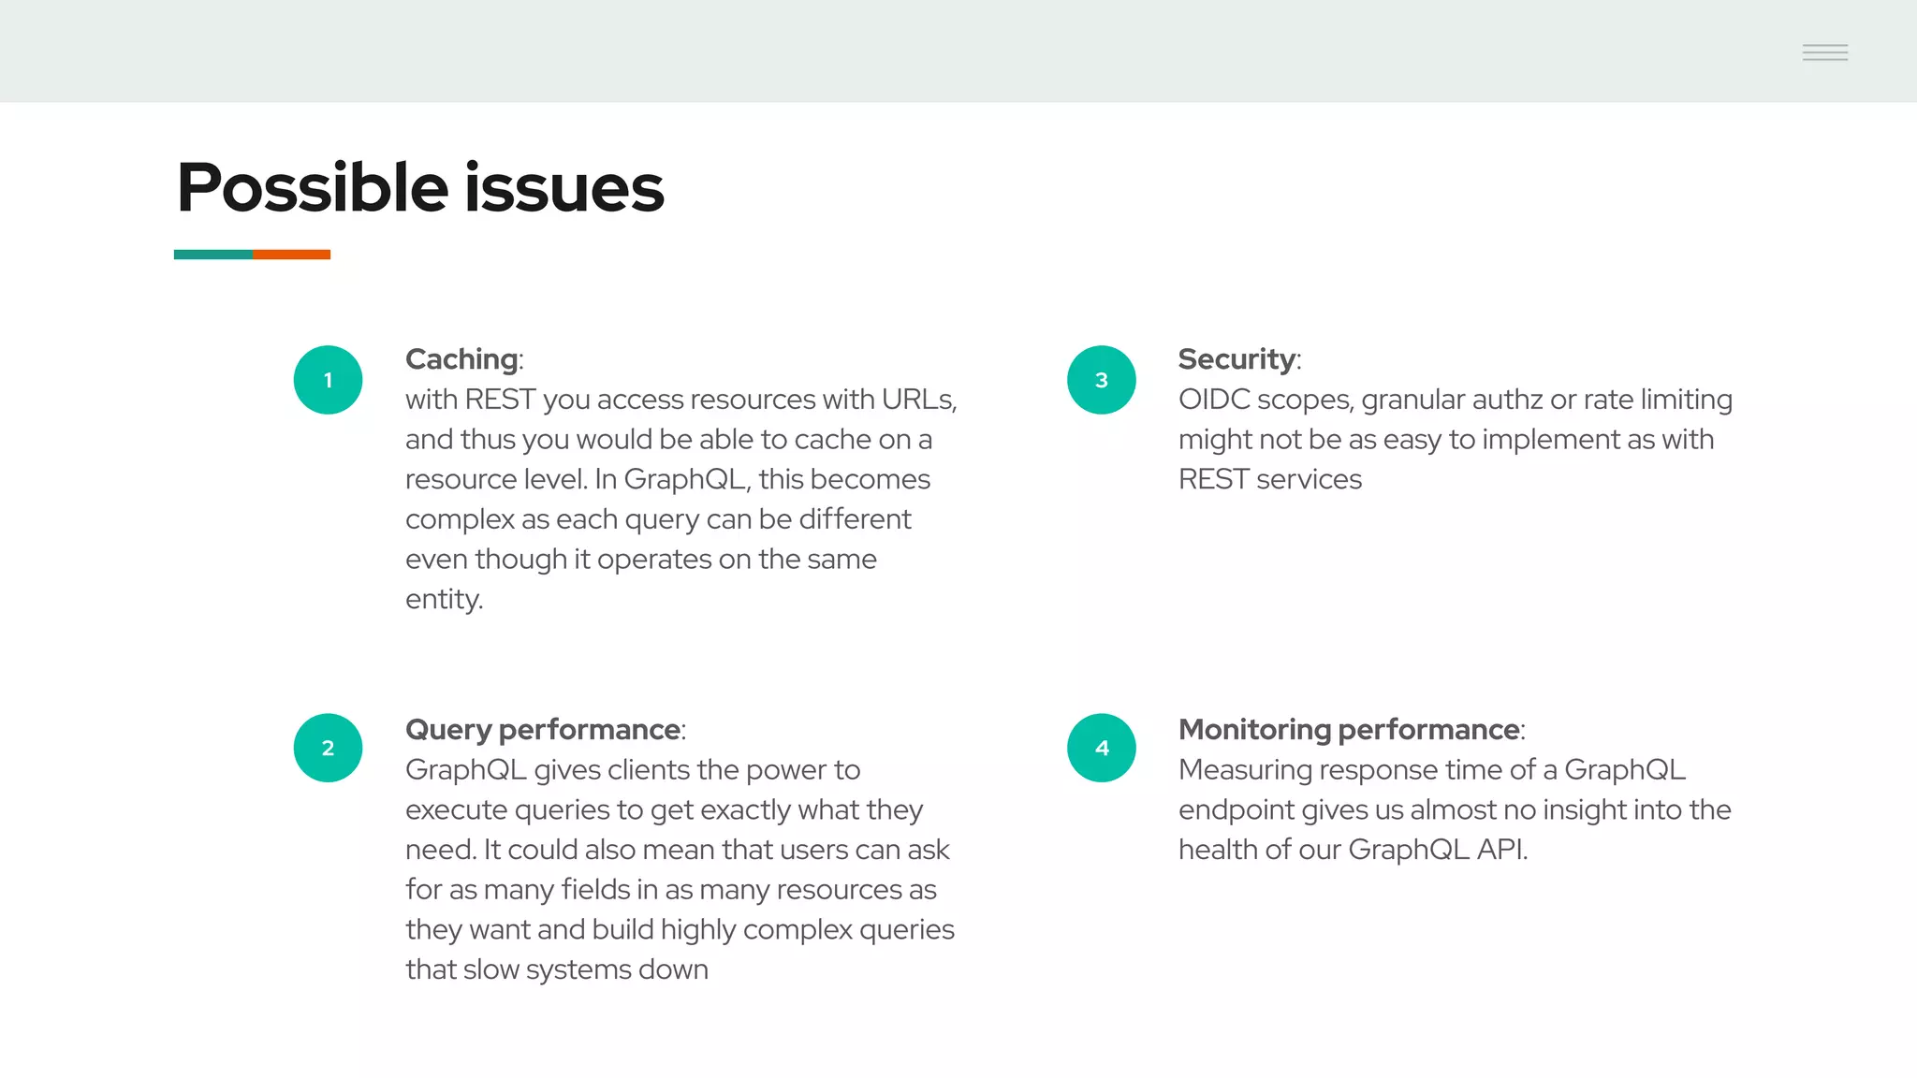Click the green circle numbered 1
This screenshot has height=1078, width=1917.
[x=328, y=380]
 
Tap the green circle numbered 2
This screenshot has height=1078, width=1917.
[x=328, y=748]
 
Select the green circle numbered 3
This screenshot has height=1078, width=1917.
[x=1101, y=380]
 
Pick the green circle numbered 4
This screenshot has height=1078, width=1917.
[x=1101, y=748]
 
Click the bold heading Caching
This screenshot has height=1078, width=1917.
[x=461, y=359]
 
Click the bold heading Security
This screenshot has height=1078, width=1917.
[x=1237, y=359]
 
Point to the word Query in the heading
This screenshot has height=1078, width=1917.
[x=448, y=730]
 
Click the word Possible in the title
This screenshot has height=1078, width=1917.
[x=313, y=187]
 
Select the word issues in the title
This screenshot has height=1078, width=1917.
[x=563, y=187]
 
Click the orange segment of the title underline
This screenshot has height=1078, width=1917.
[x=291, y=255]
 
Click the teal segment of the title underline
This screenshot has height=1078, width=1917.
[x=212, y=255]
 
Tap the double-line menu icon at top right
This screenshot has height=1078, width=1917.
[x=1824, y=52]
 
